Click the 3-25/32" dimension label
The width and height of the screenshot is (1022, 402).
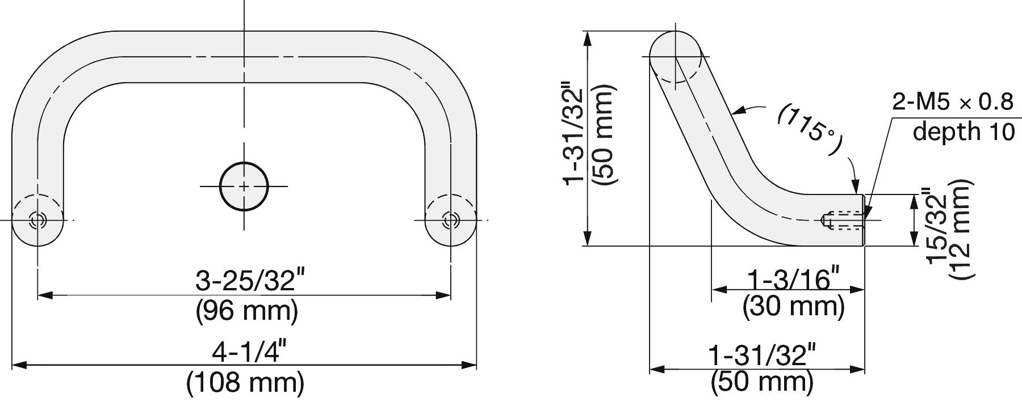[247, 281]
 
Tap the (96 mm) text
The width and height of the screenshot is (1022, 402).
[247, 311]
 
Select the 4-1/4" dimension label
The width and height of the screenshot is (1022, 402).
[247, 353]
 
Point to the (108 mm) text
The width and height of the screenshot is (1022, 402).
[245, 383]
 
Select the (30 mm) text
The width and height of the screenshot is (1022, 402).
[794, 307]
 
